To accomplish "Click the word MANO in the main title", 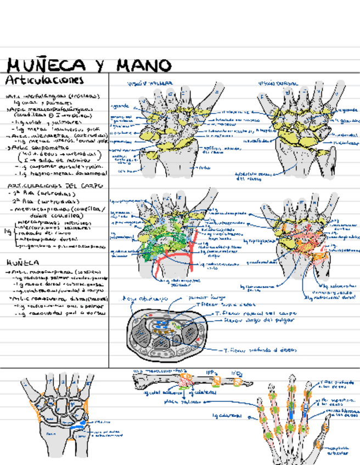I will [144, 66].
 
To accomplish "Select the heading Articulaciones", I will [45, 80].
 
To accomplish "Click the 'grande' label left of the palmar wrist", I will [120, 106].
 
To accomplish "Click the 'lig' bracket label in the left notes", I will [7, 232].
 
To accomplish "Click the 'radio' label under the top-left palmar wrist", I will [205, 168].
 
